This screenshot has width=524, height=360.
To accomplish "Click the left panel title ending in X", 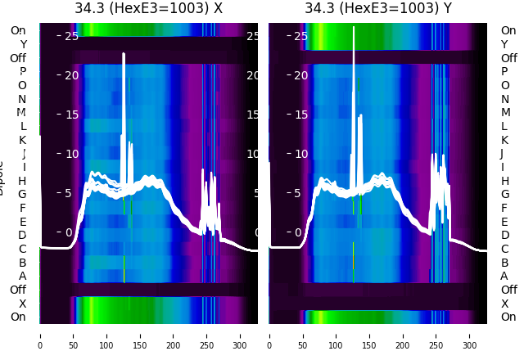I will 148,9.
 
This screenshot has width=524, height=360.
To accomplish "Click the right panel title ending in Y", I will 378,9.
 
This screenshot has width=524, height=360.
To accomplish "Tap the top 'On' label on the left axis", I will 18,31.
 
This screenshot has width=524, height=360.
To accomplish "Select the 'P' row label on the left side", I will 22,72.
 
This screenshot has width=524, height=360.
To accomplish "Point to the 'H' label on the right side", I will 505,181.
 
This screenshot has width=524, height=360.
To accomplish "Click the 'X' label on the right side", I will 504,304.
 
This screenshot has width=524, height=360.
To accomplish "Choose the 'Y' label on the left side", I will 23,45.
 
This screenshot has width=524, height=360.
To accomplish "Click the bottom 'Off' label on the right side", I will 508,290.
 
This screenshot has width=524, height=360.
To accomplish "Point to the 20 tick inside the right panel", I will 300,75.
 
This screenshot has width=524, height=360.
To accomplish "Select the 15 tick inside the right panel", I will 300,115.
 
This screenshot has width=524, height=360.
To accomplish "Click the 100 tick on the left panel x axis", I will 107,335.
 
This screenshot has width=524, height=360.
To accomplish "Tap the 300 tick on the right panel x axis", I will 470,335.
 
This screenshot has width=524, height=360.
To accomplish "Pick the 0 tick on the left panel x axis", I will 40,335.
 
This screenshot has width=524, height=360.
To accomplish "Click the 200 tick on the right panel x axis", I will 404,335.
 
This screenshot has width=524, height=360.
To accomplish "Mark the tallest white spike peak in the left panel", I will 124,54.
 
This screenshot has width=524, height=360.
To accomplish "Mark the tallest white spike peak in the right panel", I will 354,28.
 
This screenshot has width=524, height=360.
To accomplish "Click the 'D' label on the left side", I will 22,236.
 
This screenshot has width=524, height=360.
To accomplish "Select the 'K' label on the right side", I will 504,140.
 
